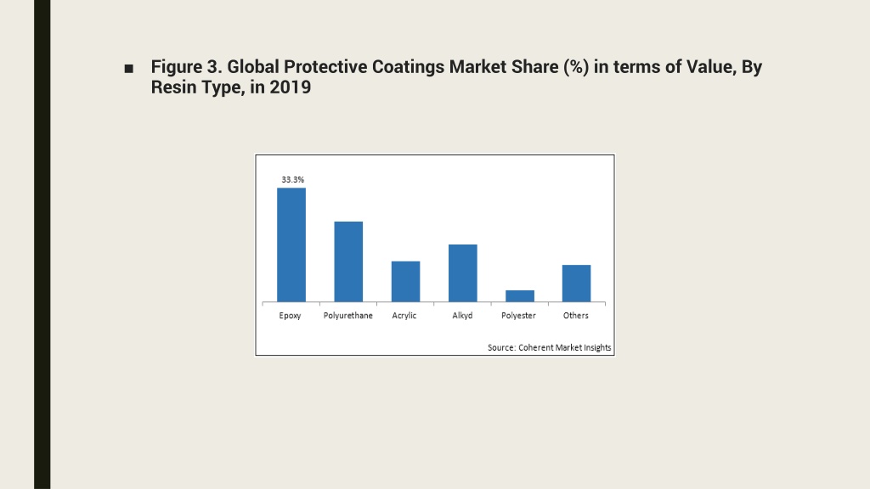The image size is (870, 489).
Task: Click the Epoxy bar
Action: pyautogui.click(x=291, y=245)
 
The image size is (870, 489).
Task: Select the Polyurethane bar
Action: pyautogui.click(x=348, y=261)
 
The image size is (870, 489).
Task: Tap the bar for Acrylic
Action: pyautogui.click(x=405, y=282)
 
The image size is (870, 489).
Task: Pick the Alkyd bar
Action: pyautogui.click(x=463, y=273)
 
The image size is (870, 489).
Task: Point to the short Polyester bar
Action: pyautogui.click(x=520, y=296)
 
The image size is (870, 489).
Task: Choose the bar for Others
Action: pyautogui.click(x=577, y=284)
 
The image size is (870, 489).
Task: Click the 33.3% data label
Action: pyautogui.click(x=292, y=180)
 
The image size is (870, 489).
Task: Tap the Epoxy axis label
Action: pyautogui.click(x=290, y=316)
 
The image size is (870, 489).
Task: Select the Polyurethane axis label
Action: pyautogui.click(x=347, y=316)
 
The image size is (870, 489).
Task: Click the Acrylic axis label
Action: pyautogui.click(x=404, y=316)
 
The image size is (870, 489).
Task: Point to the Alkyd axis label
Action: pyautogui.click(x=462, y=316)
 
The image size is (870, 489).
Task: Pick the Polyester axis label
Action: pyautogui.click(x=518, y=316)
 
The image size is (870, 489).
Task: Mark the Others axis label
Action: pyautogui.click(x=575, y=316)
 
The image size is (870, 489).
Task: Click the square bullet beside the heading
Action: pyautogui.click(x=129, y=69)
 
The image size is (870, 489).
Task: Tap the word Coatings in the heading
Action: pyautogui.click(x=408, y=67)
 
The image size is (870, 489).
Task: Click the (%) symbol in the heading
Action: pyautogui.click(x=576, y=67)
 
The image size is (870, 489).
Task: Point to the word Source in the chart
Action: pyautogui.click(x=501, y=347)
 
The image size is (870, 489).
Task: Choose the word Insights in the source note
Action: pyautogui.click(x=597, y=347)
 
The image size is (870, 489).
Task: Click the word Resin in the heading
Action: pyautogui.click(x=169, y=87)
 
